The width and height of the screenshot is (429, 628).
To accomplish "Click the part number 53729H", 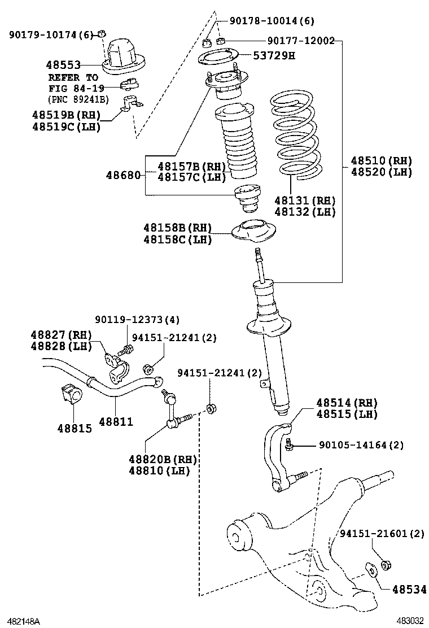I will [x=274, y=55].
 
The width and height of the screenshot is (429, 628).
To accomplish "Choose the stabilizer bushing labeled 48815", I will [x=72, y=394].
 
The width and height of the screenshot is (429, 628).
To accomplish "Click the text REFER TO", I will [x=73, y=77].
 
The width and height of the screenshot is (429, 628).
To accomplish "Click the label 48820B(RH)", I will [x=163, y=459].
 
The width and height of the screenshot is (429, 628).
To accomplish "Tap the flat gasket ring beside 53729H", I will [x=219, y=57].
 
